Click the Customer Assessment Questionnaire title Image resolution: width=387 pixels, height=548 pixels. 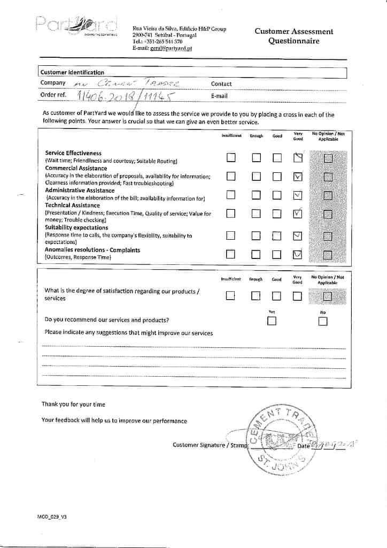point(293,36)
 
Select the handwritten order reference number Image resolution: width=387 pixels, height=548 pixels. point(126,95)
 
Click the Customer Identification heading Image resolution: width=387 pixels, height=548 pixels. point(72,72)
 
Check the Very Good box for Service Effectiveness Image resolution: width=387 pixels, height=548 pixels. point(298,157)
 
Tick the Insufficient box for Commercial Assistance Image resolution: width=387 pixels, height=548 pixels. point(231,177)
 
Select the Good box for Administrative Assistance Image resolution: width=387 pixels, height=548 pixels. point(277,195)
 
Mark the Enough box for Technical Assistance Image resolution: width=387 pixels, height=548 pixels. point(256,214)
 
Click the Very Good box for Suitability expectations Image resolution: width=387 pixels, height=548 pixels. point(298,236)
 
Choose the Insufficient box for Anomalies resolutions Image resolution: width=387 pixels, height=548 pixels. point(231,254)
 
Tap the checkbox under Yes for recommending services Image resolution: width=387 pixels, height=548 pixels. point(272,321)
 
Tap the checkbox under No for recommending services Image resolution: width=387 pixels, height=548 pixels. point(322,321)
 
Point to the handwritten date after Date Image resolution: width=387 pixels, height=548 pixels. point(335,444)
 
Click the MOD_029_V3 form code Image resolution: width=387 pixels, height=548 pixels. point(52,517)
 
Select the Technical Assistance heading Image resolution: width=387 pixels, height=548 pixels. point(72,205)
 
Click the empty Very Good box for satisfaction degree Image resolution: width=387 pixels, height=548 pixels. point(298,295)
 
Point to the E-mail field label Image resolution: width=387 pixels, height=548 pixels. point(219,96)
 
